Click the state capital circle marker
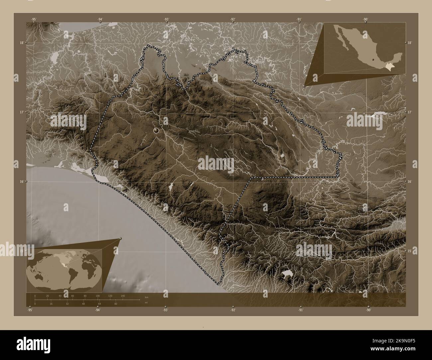(157, 131)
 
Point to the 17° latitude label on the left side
(22, 112)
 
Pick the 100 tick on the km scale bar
(98, 296)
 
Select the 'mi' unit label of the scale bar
(146, 303)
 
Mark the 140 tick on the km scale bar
(123, 296)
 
